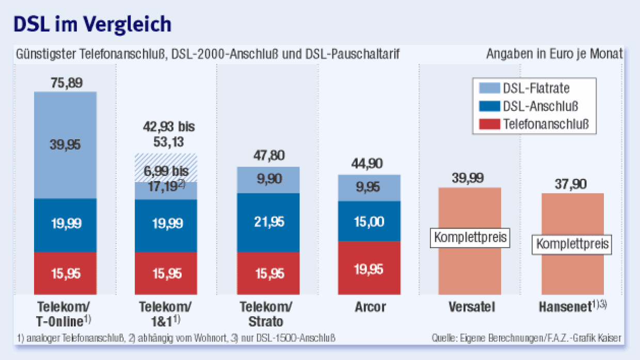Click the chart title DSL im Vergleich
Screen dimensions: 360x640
pyautogui.click(x=92, y=25)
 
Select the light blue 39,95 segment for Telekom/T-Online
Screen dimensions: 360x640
pyautogui.click(x=65, y=145)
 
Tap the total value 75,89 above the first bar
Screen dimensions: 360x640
pyautogui.click(x=65, y=83)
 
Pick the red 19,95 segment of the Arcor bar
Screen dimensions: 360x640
pyautogui.click(x=369, y=268)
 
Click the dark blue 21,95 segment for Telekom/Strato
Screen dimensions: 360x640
pyautogui.click(x=268, y=222)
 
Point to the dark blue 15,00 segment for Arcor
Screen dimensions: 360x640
pyautogui.click(x=369, y=222)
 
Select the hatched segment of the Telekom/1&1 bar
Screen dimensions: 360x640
pyautogui.click(x=166, y=168)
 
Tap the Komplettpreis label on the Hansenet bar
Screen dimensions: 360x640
pyautogui.click(x=572, y=243)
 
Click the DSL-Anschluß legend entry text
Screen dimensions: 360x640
pyautogui.click(x=540, y=106)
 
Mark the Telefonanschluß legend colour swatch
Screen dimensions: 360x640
pyautogui.click(x=488, y=124)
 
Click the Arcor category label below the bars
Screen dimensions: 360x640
pyautogui.click(x=370, y=307)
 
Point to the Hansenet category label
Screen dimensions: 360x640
pyautogui.click(x=566, y=307)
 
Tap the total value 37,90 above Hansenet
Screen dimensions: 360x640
pyautogui.click(x=572, y=184)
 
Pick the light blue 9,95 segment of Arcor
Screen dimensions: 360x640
pyautogui.click(x=369, y=187)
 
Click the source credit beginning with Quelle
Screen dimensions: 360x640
pyautogui.click(x=526, y=338)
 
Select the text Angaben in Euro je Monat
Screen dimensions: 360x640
pyautogui.click(x=554, y=54)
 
